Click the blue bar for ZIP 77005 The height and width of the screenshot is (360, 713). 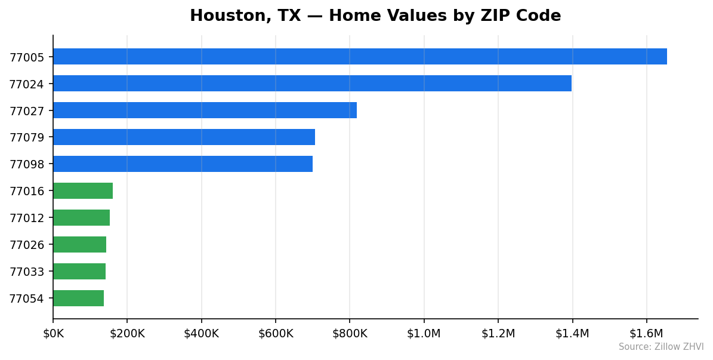pyautogui.click(x=360, y=57)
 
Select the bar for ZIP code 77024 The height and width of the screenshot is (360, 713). pyautogui.click(x=312, y=84)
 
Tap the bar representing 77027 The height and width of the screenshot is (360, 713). pyautogui.click(x=205, y=110)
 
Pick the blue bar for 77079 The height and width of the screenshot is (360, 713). pyautogui.click(x=184, y=137)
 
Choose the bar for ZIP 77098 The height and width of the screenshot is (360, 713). pyautogui.click(x=183, y=164)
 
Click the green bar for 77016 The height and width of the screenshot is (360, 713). pyautogui.click(x=83, y=191)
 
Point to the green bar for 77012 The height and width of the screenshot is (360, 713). pyautogui.click(x=81, y=218)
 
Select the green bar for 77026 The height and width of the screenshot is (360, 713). pyautogui.click(x=79, y=245)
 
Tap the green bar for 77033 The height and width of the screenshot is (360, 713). pyautogui.click(x=79, y=272)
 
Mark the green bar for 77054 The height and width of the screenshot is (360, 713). pyautogui.click(x=78, y=299)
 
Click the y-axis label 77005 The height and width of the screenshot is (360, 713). pyautogui.click(x=26, y=57)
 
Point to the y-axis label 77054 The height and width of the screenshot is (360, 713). pyautogui.click(x=26, y=299)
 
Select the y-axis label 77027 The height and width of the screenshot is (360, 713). pyautogui.click(x=26, y=111)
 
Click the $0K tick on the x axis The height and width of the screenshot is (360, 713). pyautogui.click(x=53, y=334)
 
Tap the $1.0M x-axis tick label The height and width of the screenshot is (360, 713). pyautogui.click(x=424, y=334)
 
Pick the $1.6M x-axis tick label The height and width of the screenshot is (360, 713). pyautogui.click(x=646, y=334)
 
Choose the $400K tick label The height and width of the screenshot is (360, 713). pyautogui.click(x=201, y=334)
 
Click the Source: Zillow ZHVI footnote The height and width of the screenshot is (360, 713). pyautogui.click(x=660, y=347)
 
